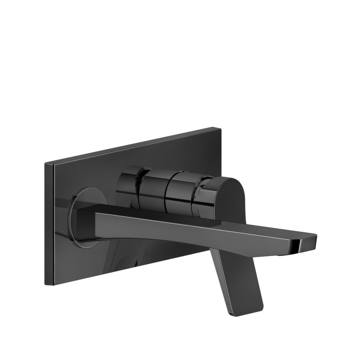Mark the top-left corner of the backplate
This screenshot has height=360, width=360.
(x=46, y=164)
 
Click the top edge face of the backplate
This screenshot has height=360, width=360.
(x=134, y=146)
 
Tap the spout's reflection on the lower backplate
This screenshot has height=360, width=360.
(x=126, y=260)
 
